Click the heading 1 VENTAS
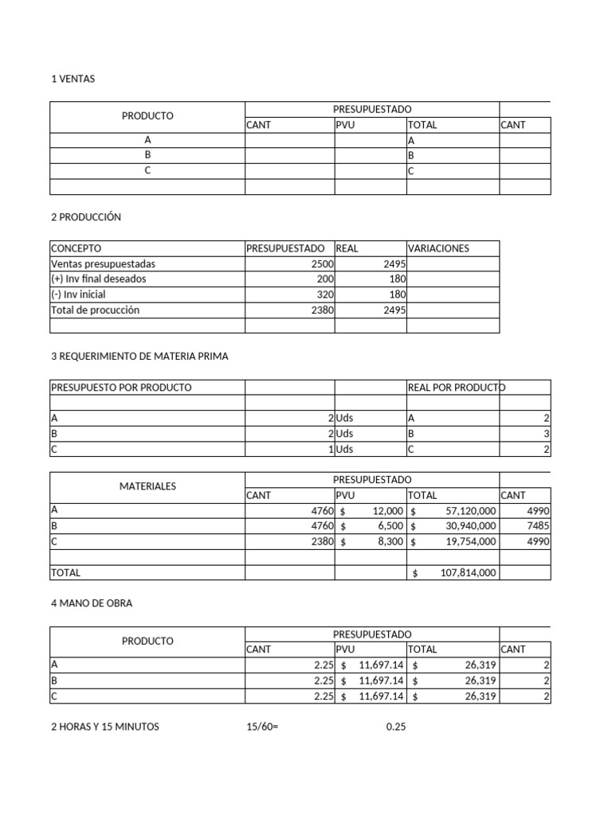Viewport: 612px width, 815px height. (x=73, y=79)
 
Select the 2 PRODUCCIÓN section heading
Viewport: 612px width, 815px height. (x=86, y=217)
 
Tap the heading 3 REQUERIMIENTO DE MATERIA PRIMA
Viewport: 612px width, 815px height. (x=139, y=357)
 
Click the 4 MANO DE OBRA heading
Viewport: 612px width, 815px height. (x=92, y=603)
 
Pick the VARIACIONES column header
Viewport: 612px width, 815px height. (x=438, y=248)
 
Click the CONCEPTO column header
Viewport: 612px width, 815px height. (x=76, y=248)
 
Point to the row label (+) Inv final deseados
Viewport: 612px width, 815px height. (x=99, y=279)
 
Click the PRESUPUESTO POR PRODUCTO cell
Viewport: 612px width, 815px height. (x=121, y=388)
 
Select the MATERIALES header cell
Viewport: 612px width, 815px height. (x=147, y=486)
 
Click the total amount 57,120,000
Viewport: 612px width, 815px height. (x=468, y=511)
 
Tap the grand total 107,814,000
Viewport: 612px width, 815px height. (x=468, y=573)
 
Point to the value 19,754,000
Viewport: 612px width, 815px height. (x=468, y=541)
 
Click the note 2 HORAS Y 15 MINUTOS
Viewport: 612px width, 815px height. (x=104, y=727)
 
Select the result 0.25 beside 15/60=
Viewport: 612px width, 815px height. (x=396, y=727)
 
